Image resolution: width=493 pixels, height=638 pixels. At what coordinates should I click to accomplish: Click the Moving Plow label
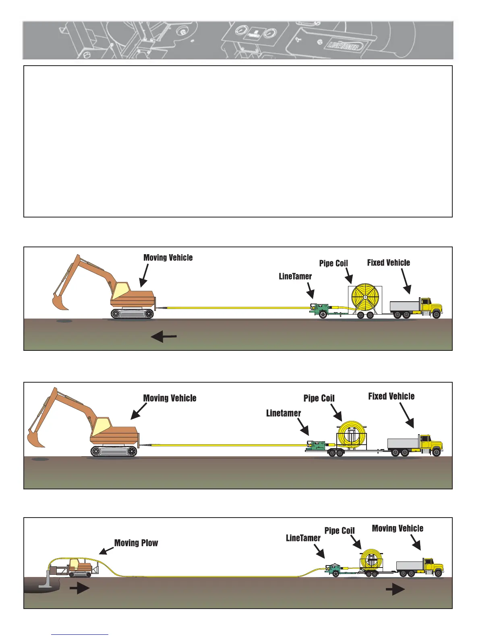click(x=136, y=543)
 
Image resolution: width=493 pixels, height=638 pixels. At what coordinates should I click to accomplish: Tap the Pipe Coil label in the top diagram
click(x=333, y=263)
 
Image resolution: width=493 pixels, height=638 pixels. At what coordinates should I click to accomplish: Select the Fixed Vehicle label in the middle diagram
click(x=391, y=396)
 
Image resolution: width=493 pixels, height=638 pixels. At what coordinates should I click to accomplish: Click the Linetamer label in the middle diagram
click(x=284, y=413)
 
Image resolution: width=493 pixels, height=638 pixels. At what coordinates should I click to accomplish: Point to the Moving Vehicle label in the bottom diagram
click(x=398, y=528)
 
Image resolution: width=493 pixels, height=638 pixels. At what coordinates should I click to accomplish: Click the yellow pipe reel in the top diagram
click(x=365, y=297)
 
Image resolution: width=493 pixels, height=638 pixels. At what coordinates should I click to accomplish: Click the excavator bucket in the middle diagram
click(x=35, y=438)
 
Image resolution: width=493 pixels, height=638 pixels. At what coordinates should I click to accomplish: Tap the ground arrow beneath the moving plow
click(x=79, y=588)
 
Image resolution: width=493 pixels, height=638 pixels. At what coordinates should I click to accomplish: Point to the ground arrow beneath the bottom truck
click(x=395, y=590)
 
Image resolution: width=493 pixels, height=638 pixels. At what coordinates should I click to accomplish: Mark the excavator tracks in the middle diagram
click(x=114, y=451)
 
